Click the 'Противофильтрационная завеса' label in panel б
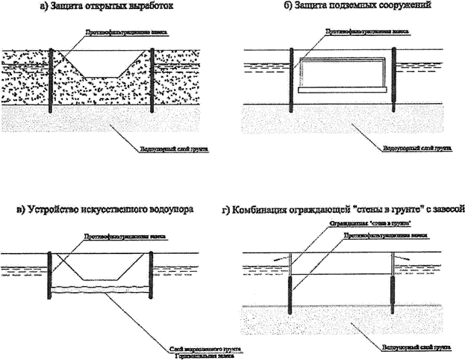click(x=355, y=33)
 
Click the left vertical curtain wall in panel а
click(x=50, y=81)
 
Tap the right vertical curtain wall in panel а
click(x=152, y=81)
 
